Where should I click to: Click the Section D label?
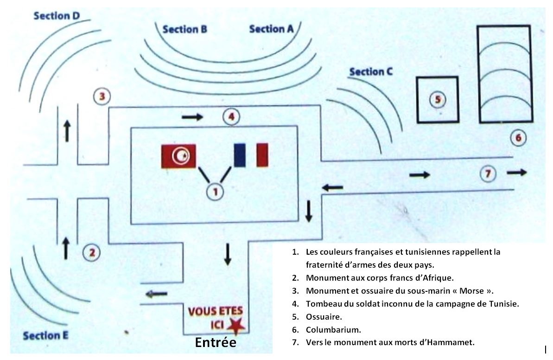click(x=57, y=16)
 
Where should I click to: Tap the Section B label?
click(x=184, y=30)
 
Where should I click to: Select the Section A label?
click(x=271, y=29)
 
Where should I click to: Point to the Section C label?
click(x=371, y=72)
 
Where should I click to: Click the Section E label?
click(x=48, y=335)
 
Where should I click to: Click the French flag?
click(x=251, y=154)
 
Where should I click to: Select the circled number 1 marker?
click(x=215, y=191)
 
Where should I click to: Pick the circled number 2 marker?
click(x=91, y=252)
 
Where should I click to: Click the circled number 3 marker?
click(x=102, y=96)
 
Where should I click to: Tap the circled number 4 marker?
click(x=230, y=116)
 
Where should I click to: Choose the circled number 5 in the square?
click(x=437, y=99)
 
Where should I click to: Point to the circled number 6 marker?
click(x=518, y=137)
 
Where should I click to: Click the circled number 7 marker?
click(x=487, y=174)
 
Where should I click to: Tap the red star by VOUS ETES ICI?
click(x=236, y=326)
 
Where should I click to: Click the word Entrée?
click(x=216, y=343)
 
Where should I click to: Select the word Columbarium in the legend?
click(x=333, y=330)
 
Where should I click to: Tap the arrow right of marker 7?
click(x=517, y=173)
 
